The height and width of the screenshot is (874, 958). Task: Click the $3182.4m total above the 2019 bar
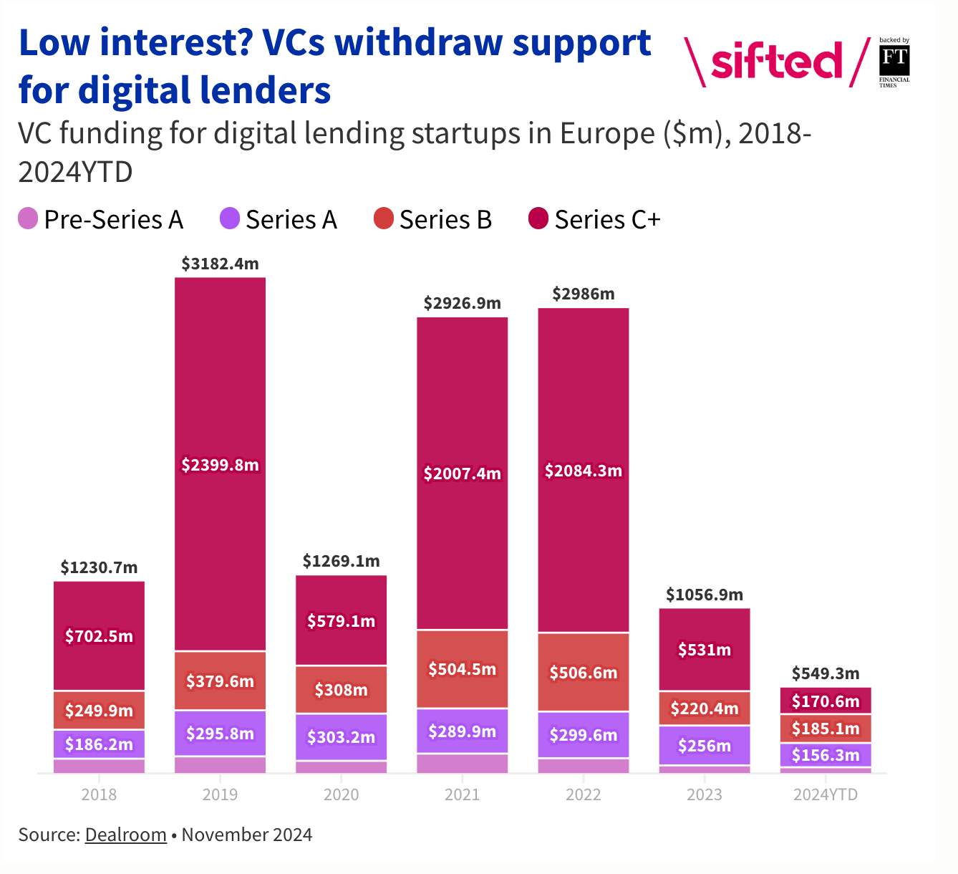click(x=220, y=264)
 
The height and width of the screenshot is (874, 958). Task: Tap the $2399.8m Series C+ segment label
click(x=220, y=464)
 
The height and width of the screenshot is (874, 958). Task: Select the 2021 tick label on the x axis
click(x=462, y=794)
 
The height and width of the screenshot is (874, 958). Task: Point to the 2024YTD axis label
click(x=826, y=794)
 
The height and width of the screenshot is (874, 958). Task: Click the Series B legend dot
click(x=384, y=218)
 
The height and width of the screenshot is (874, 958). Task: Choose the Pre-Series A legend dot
click(x=28, y=218)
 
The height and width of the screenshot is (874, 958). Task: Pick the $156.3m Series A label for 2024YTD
click(x=826, y=755)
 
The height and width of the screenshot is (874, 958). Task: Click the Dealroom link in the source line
click(x=125, y=835)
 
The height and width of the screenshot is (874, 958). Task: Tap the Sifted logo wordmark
click(x=776, y=61)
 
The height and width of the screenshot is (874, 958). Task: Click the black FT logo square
click(x=894, y=59)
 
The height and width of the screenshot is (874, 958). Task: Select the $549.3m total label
click(x=826, y=673)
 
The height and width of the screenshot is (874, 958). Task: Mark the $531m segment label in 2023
click(x=705, y=649)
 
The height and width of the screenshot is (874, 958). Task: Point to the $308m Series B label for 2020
click(x=341, y=690)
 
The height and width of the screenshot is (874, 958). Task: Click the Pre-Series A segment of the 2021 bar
click(x=462, y=763)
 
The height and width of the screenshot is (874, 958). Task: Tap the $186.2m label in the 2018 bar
click(x=99, y=744)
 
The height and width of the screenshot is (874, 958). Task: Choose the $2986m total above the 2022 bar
click(x=583, y=294)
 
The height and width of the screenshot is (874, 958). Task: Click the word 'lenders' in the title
click(x=265, y=90)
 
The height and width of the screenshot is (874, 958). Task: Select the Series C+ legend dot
click(x=538, y=218)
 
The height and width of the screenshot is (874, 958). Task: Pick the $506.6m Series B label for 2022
click(x=583, y=673)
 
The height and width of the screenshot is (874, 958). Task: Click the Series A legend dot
click(x=230, y=218)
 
